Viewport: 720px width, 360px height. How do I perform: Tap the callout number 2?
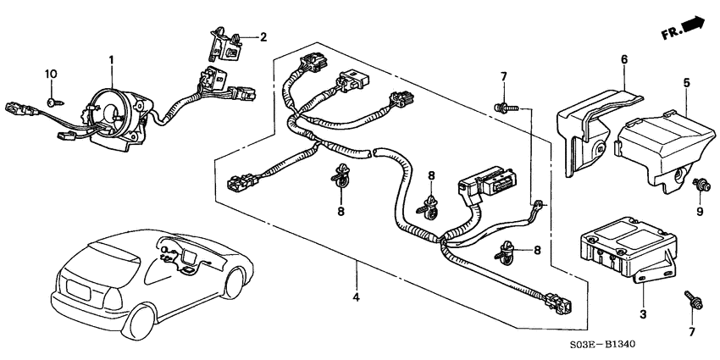coord(263,37)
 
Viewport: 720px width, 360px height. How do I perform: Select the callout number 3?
coord(643,314)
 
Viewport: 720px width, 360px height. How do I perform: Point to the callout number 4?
coord(357,297)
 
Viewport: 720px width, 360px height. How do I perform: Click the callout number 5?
coord(687,83)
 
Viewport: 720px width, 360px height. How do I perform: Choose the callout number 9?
coord(701,211)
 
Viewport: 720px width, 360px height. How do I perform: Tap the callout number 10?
coord(50,75)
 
